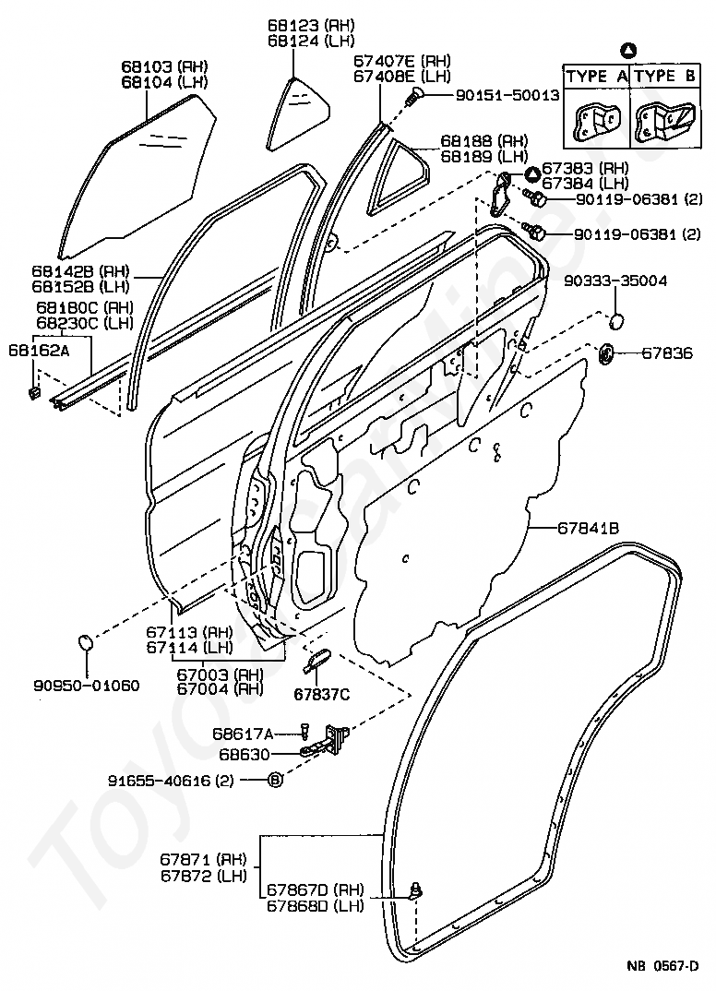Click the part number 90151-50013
(507, 95)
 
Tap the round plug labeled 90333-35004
(616, 321)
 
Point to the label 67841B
(588, 527)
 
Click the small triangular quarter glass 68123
(298, 113)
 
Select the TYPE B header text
(665, 77)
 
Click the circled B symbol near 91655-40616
(276, 781)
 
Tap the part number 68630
(245, 755)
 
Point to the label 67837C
(322, 695)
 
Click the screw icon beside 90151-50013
(414, 96)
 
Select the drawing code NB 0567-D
(662, 966)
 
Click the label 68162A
(39, 350)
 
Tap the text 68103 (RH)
(164, 66)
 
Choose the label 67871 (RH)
(203, 860)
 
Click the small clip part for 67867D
(416, 891)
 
